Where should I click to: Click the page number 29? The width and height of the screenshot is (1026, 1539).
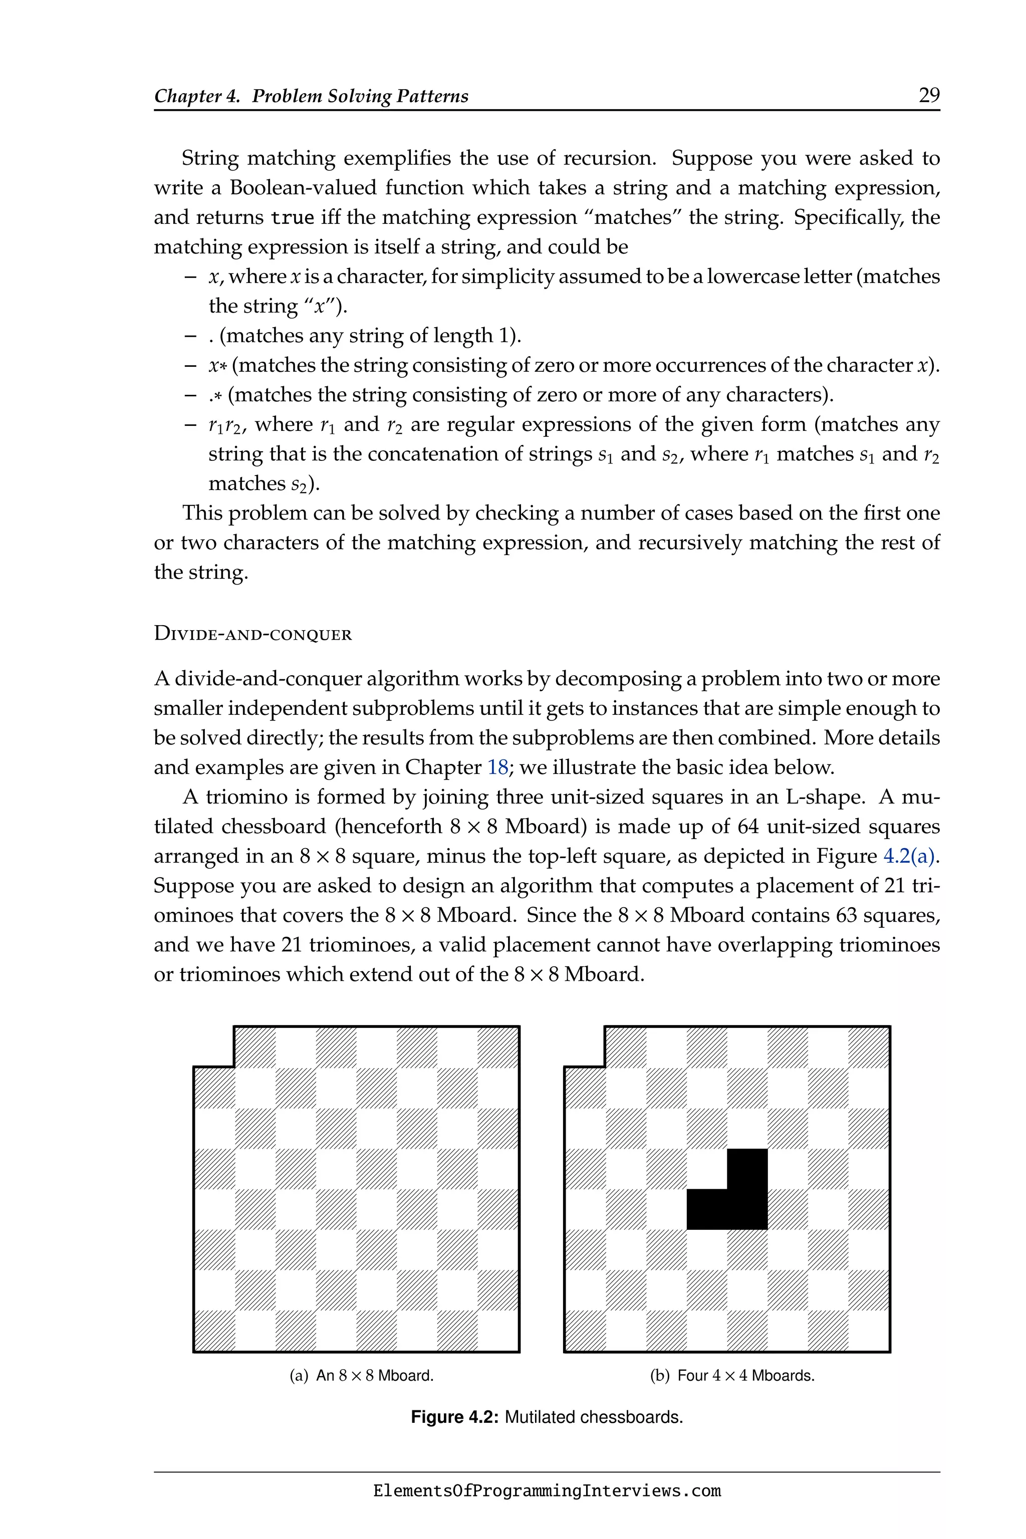[928, 96]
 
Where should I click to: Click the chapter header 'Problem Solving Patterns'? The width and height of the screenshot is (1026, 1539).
[360, 96]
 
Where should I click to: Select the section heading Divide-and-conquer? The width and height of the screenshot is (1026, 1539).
[252, 634]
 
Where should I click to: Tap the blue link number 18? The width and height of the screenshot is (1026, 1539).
[498, 767]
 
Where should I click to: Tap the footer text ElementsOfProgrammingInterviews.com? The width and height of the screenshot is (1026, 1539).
[547, 1491]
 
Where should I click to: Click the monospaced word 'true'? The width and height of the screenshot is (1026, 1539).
[292, 218]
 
